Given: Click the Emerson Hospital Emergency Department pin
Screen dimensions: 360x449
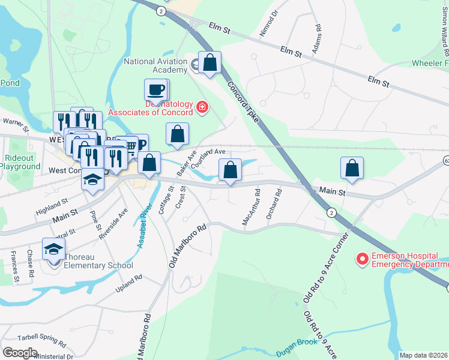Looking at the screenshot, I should [362, 259].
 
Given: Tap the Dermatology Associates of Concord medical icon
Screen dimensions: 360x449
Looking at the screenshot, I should [202, 107].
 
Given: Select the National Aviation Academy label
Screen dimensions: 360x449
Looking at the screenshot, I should [155, 65].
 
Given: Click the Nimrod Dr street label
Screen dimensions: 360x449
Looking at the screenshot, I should [268, 23].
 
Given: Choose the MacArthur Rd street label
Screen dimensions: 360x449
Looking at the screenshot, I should [251, 208].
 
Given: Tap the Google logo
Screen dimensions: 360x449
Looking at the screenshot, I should [20, 352].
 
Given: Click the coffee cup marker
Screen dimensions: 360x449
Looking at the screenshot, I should [156, 90].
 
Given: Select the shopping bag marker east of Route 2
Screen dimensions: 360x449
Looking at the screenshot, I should [352, 167].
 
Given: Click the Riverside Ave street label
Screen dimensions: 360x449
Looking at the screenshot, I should [114, 223].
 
